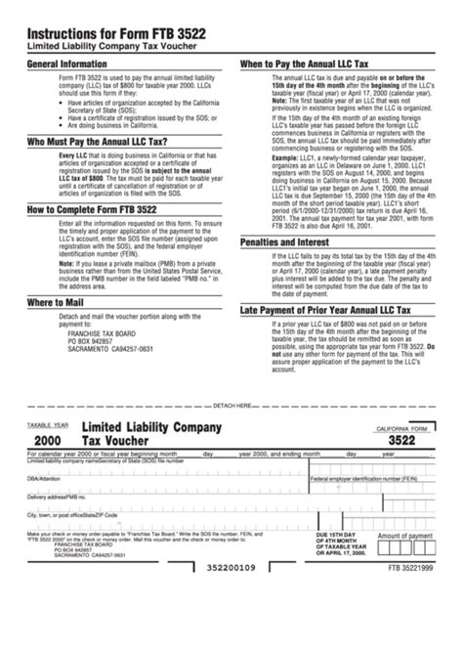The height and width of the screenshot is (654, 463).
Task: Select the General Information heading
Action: pyautogui.click(x=64, y=65)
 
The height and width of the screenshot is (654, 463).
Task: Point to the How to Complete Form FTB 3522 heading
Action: pyautogui.click(x=103, y=209)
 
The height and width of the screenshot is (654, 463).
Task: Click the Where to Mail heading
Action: pyautogui.click(x=58, y=303)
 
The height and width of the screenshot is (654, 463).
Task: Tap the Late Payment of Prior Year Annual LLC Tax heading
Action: pyautogui.click(x=337, y=311)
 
